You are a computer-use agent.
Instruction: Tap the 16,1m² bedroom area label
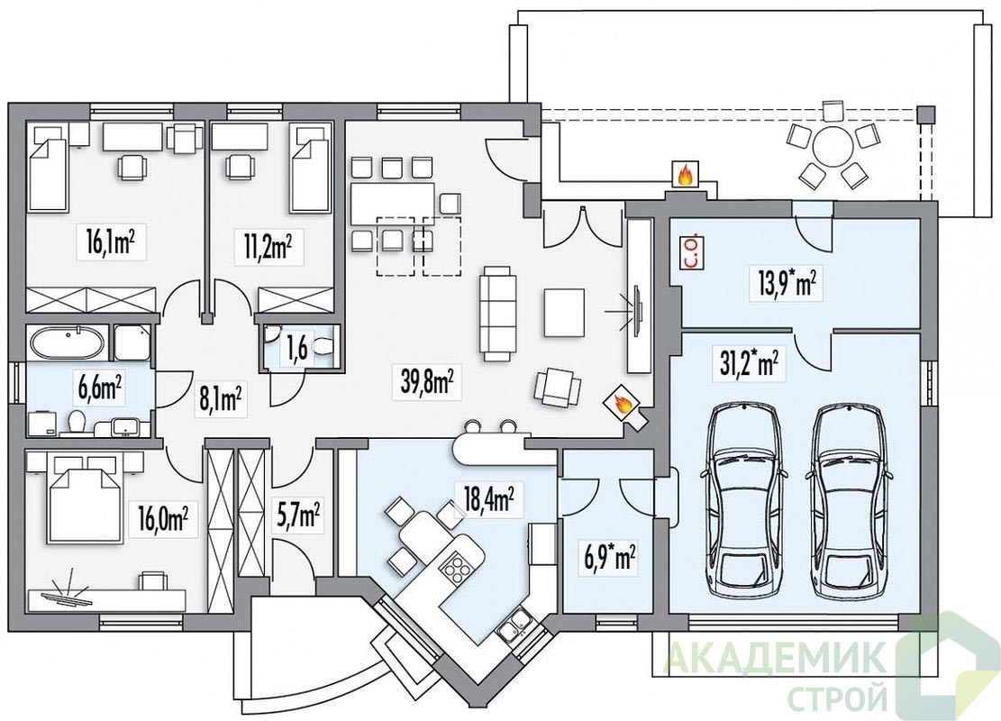point(112,242)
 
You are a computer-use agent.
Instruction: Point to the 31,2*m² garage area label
point(745,367)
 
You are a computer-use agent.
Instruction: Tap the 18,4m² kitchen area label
point(489,500)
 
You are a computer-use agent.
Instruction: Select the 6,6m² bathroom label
point(100,389)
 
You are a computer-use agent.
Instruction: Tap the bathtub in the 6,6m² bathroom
point(67,342)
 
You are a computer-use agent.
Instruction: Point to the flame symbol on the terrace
point(685,174)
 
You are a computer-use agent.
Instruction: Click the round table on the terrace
point(832,146)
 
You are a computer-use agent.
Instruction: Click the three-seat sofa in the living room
point(497,315)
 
